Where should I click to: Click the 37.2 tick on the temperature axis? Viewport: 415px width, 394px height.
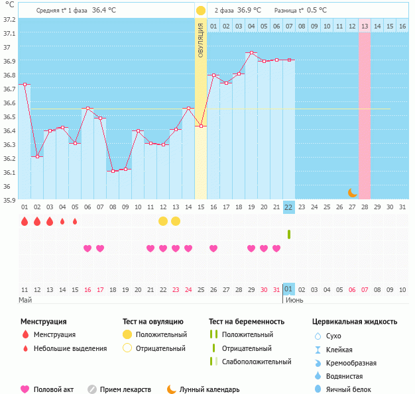click(9, 19)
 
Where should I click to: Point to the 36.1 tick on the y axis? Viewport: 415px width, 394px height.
click(9, 172)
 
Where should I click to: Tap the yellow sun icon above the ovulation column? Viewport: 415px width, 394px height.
click(200, 11)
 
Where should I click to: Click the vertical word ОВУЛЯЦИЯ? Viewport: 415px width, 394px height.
click(200, 40)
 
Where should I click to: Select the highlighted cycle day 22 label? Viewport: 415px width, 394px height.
click(288, 207)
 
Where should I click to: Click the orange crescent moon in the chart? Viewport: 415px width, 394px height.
click(353, 193)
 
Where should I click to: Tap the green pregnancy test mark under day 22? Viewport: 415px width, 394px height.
click(289, 234)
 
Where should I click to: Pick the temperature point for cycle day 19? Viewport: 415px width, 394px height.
click(251, 53)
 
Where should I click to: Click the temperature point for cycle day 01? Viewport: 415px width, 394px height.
click(25, 85)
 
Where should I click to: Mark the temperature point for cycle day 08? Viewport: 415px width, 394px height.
click(113, 171)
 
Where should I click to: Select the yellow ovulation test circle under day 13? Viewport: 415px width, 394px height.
click(176, 221)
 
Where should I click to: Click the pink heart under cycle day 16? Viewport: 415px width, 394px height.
click(213, 248)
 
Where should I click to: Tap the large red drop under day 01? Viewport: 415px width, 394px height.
click(25, 221)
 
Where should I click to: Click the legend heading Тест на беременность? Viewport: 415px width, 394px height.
click(247, 322)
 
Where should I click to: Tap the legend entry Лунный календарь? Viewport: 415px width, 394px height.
click(207, 389)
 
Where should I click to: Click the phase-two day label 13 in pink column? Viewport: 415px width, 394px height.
click(365, 26)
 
